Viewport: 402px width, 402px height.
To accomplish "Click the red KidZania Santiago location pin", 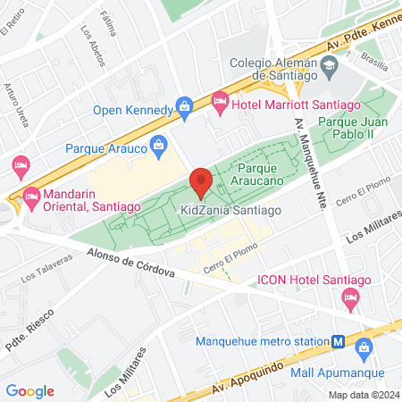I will tap(201, 181).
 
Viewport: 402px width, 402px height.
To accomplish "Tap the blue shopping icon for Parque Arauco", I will tap(159, 143).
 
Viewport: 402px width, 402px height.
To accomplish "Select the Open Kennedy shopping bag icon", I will tap(185, 107).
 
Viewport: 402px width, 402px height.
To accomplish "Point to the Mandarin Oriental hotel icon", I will tap(32, 195).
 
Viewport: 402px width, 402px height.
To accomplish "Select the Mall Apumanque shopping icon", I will tap(364, 348).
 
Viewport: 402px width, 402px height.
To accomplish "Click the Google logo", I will tap(29, 390).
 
